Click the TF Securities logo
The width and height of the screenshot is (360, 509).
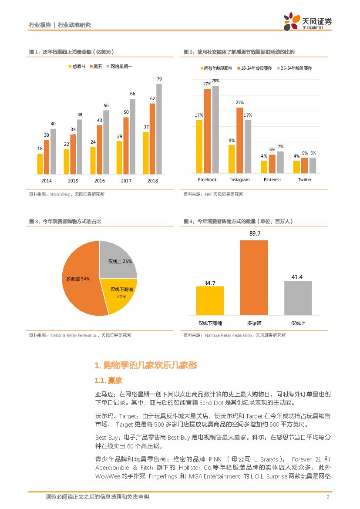tap(307, 21)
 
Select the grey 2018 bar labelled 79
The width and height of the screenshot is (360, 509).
tap(159, 129)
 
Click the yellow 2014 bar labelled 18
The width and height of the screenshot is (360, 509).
tap(40, 164)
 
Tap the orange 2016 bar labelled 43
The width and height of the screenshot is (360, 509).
tap(99, 149)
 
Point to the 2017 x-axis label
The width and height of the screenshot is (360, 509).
tap(126, 181)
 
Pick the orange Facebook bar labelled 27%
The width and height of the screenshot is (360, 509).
tap(207, 131)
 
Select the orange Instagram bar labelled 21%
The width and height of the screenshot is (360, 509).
tap(240, 140)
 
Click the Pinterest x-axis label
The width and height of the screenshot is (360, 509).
tap(272, 180)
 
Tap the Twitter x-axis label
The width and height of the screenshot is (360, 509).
tap(305, 180)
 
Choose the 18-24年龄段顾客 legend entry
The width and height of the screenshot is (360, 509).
tap(254, 68)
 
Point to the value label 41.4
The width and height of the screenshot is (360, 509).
tap(298, 277)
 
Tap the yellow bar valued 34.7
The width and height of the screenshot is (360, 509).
tap(210, 300)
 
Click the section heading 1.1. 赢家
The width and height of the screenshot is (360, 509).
tap(107, 381)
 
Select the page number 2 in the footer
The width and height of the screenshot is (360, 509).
tap(327, 497)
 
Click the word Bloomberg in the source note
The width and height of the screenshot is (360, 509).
tap(61, 194)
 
